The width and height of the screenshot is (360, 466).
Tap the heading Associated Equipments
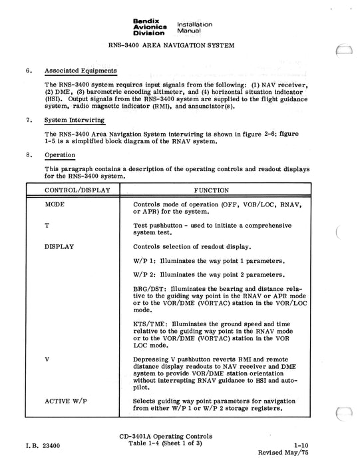(81, 71)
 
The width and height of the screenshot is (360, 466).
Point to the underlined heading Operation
(59, 154)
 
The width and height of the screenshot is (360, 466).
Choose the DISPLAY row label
(59, 246)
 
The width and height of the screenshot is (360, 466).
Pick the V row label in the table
(47, 359)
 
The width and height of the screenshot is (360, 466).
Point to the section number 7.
(29, 120)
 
